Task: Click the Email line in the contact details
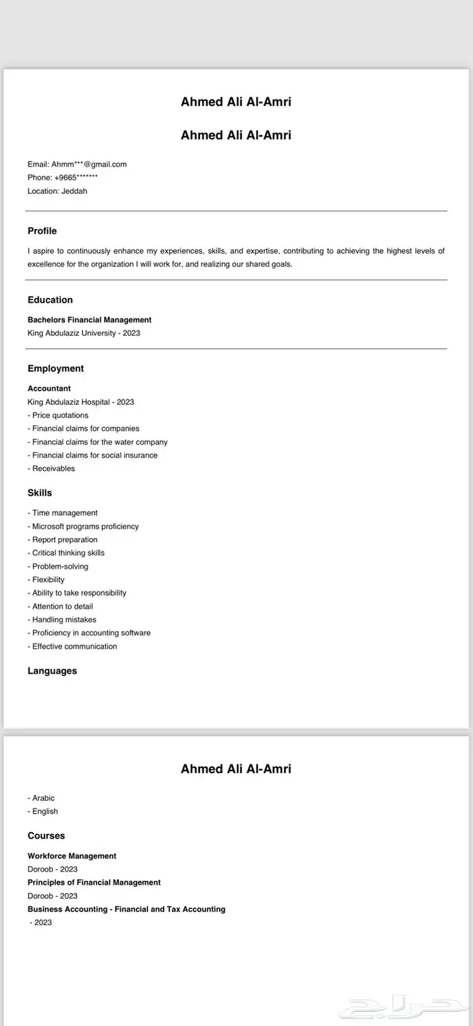[77, 164]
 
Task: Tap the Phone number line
[63, 178]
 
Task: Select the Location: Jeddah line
[57, 191]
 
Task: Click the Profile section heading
[42, 231]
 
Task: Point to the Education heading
[50, 300]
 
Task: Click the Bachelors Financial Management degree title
[89, 320]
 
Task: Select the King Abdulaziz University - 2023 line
[84, 333]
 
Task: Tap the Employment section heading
[55, 368]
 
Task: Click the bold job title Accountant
[49, 389]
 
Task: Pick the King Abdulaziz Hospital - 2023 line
[81, 402]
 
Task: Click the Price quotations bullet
[58, 415]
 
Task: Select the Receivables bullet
[51, 468]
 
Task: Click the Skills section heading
[40, 493]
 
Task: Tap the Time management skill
[63, 513]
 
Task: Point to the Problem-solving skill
[58, 566]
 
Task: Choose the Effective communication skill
[72, 646]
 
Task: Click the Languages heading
[52, 671]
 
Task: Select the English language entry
[43, 811]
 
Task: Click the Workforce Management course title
[72, 856]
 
